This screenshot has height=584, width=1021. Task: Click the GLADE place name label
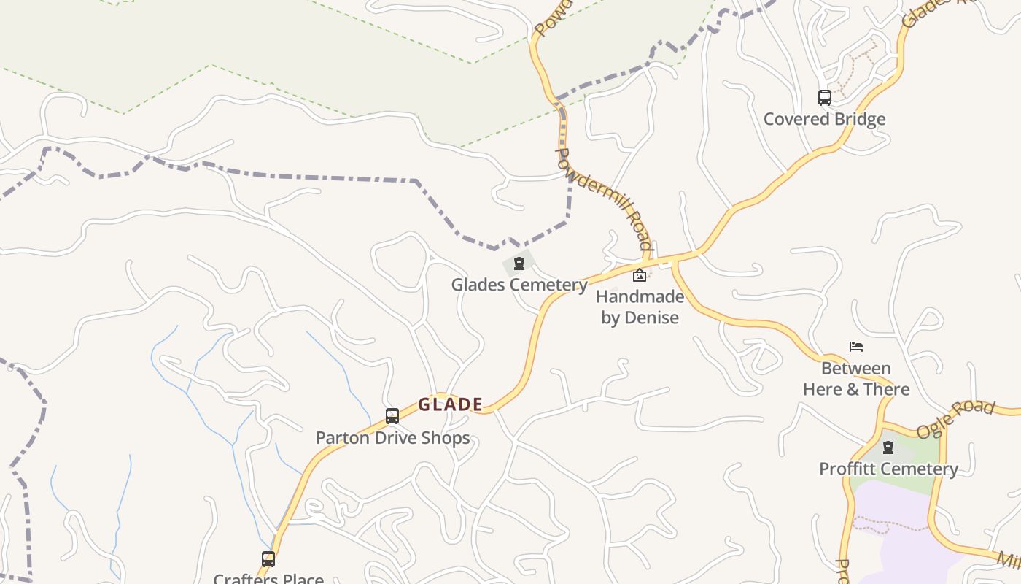[450, 404]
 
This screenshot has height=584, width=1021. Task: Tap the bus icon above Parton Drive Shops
[392, 416]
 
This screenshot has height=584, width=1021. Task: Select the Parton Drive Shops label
[392, 438]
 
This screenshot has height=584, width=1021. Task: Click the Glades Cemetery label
[519, 285]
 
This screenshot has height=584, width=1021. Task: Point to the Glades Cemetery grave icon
[519, 264]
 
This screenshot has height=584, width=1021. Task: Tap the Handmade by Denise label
[640, 307]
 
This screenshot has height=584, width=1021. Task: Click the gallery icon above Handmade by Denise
[640, 275]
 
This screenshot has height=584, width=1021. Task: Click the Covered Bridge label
[824, 119]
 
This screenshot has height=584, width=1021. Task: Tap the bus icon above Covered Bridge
[824, 98]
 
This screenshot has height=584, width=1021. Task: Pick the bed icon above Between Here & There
[856, 347]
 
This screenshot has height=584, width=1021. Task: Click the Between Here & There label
[856, 378]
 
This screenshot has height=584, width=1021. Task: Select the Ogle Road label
[955, 419]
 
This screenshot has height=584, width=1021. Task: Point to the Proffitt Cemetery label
[888, 469]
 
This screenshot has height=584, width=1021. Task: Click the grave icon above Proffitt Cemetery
[888, 447]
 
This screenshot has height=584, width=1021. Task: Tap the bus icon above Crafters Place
[268, 559]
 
